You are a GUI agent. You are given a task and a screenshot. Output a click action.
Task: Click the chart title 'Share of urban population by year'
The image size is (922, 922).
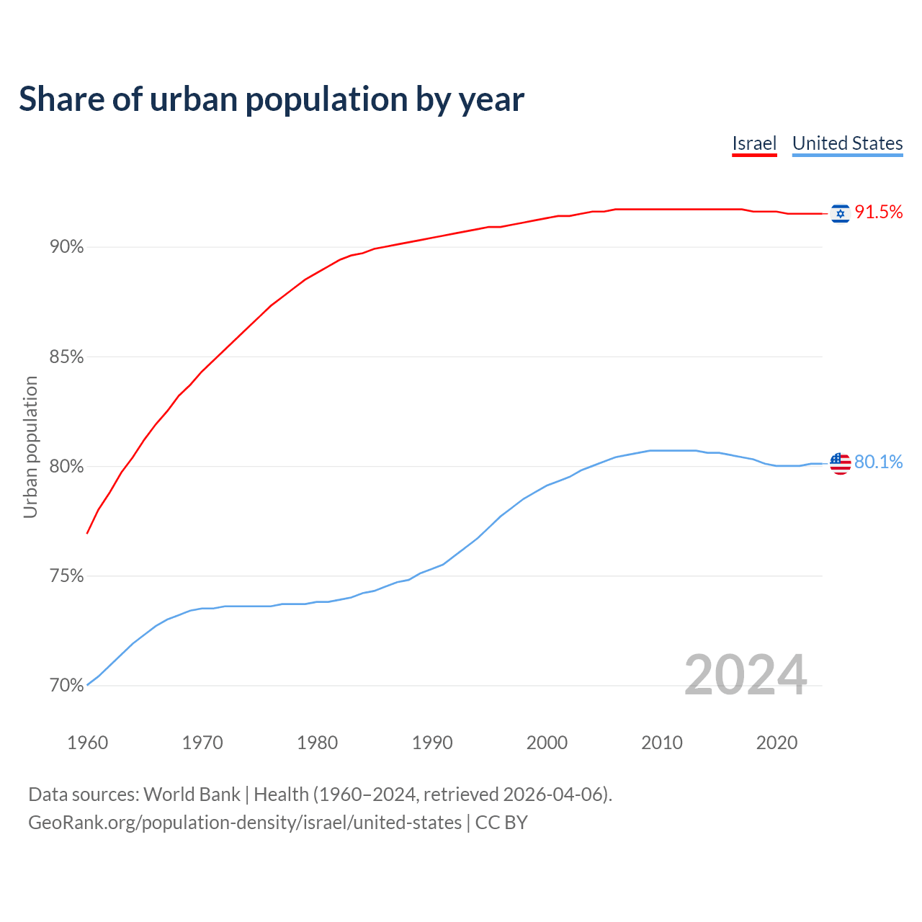[271, 99]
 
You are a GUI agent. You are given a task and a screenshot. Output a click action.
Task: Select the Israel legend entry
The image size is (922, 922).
[754, 143]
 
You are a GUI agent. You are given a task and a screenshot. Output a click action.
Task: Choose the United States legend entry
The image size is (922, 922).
[847, 143]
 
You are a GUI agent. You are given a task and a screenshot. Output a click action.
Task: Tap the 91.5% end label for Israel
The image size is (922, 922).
[878, 212]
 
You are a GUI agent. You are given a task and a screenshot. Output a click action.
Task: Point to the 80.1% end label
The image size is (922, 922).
[878, 462]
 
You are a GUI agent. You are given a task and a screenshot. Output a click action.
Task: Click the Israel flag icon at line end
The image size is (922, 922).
[840, 213]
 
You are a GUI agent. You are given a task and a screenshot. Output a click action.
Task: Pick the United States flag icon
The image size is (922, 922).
[840, 463]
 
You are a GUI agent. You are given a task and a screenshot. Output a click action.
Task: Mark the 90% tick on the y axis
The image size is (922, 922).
[66, 247]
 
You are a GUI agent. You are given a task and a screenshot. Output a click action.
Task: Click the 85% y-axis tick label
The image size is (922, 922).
[66, 357]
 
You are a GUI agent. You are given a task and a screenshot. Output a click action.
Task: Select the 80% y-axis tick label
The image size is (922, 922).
[66, 467]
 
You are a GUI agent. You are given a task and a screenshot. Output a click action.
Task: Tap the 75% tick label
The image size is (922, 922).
[66, 576]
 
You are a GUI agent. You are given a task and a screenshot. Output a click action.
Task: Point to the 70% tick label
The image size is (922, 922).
[66, 686]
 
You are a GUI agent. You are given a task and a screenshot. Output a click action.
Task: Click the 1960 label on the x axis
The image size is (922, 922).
[87, 743]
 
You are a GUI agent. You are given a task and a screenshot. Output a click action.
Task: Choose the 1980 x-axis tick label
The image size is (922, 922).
[317, 743]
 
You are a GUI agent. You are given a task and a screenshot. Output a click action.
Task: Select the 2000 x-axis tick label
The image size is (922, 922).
[547, 743]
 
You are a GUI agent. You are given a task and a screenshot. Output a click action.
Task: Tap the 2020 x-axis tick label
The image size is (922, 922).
[776, 743]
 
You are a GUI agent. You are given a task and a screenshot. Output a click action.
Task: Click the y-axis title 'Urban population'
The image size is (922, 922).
[30, 447]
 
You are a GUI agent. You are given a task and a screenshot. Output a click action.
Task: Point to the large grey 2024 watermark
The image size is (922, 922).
[745, 675]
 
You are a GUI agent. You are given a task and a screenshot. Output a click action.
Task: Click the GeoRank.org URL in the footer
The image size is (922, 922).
[245, 823]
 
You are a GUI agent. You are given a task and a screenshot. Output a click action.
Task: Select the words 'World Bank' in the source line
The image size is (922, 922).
[192, 795]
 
